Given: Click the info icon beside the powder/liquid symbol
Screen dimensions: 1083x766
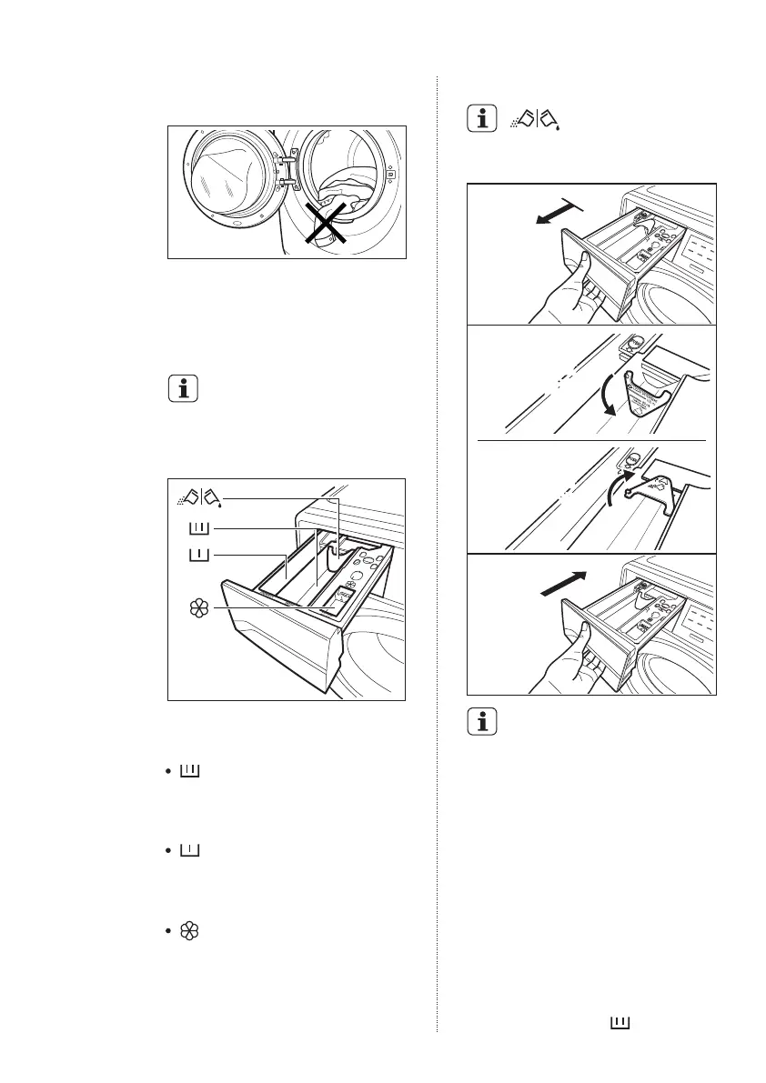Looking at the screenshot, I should [x=483, y=118].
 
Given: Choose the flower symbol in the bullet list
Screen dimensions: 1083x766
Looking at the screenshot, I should [x=192, y=932].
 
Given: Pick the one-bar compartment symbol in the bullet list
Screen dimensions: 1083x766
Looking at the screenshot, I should [x=192, y=851].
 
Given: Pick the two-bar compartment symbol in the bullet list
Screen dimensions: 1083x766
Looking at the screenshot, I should [x=192, y=772].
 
